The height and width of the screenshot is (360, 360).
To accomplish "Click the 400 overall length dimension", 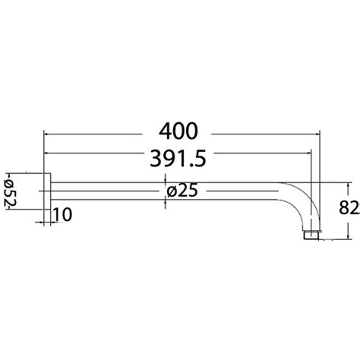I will tap(181, 131).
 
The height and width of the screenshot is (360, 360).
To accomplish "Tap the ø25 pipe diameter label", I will tap(181, 191).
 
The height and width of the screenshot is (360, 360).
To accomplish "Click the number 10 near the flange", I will tap(63, 216).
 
